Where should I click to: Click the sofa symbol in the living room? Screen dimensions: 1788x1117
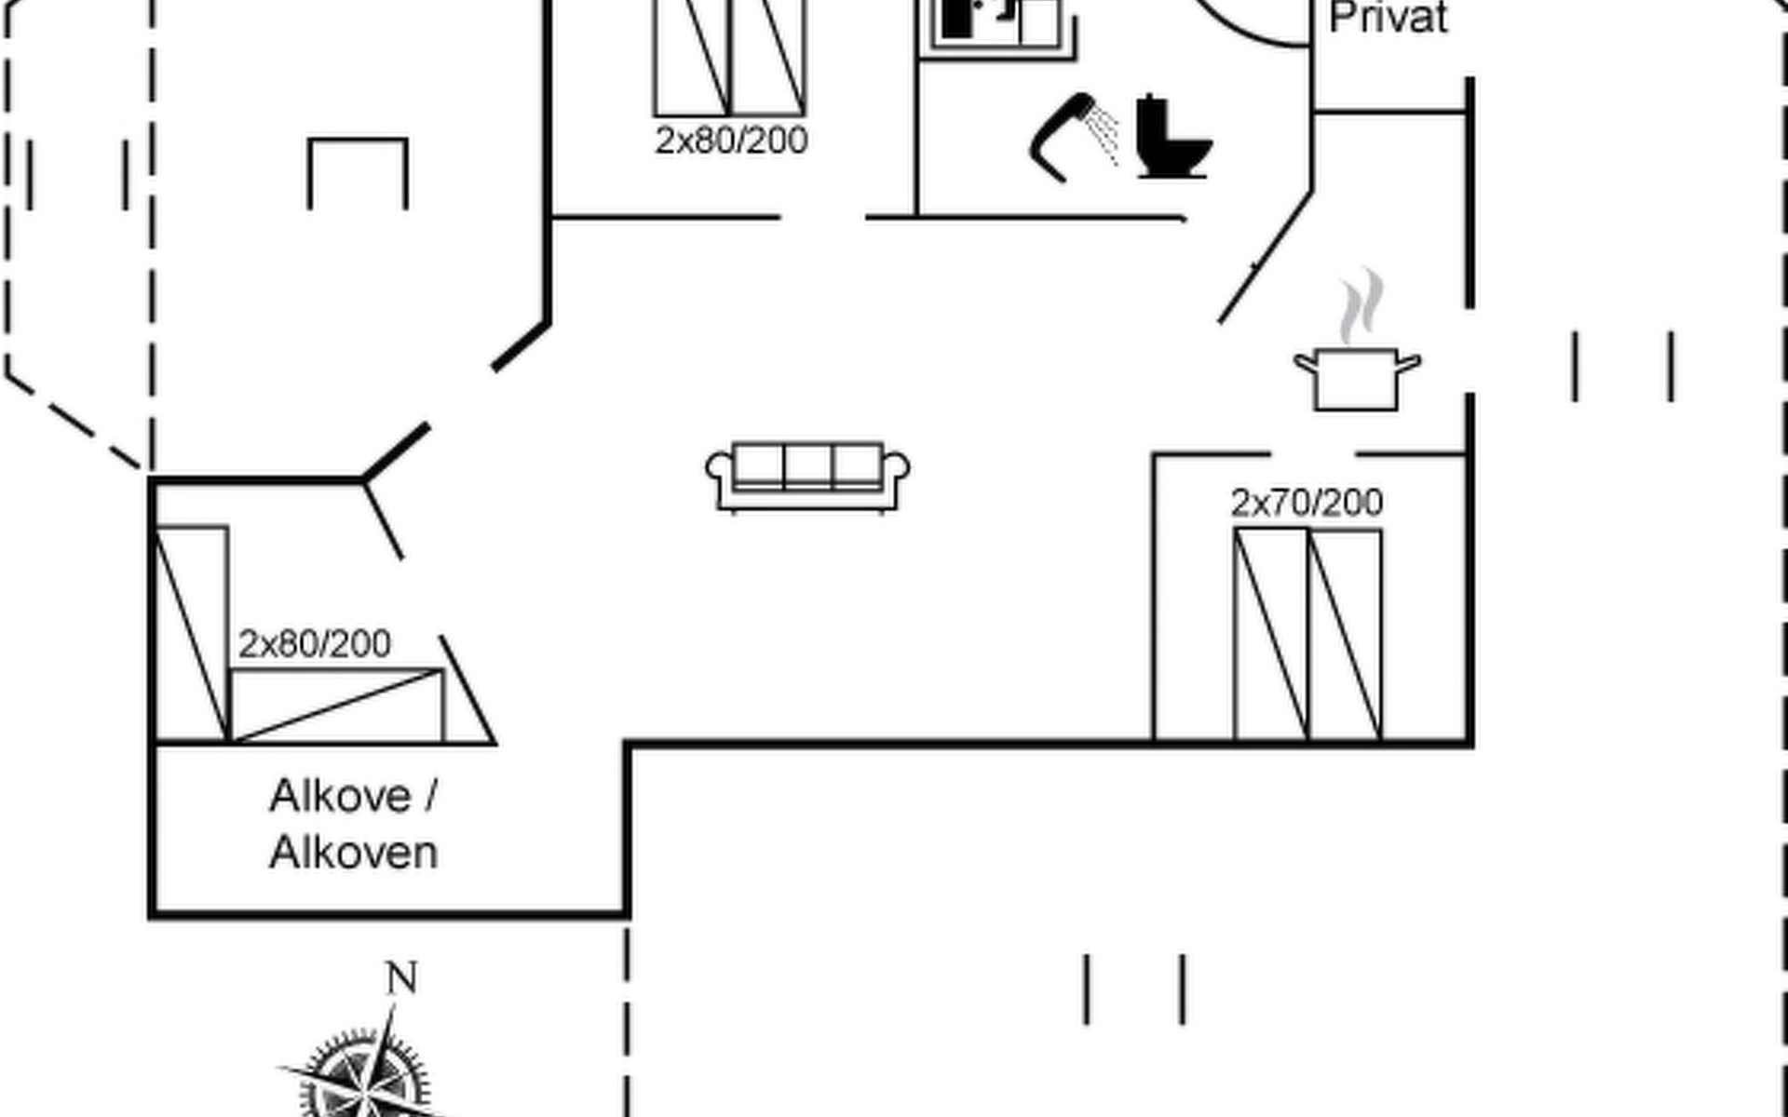pyautogui.click(x=807, y=477)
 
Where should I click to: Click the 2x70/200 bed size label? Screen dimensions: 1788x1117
pyautogui.click(x=1307, y=503)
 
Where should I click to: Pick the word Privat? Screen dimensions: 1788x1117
pyautogui.click(x=1388, y=18)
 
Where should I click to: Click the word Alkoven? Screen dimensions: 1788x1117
pyautogui.click(x=354, y=853)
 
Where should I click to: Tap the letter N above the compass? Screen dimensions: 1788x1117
pyautogui.click(x=401, y=977)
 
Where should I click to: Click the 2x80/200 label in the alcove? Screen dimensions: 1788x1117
pyautogui.click(x=315, y=643)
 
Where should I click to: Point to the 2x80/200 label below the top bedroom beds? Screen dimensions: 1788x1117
pyautogui.click(x=731, y=141)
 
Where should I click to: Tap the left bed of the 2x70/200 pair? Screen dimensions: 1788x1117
pyautogui.click(x=1271, y=635)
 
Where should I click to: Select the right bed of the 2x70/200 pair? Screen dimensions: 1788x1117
pyautogui.click(x=1346, y=635)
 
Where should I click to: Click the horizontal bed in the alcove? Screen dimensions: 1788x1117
pyautogui.click(x=337, y=706)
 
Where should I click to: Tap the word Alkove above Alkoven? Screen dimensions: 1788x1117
pyautogui.click(x=341, y=797)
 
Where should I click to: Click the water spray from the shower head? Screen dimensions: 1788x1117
pyautogui.click(x=1104, y=136)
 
